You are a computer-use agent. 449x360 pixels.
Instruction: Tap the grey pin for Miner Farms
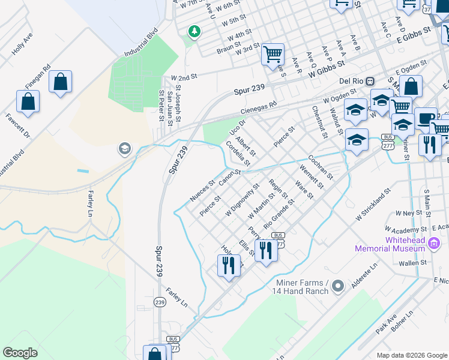[338, 286]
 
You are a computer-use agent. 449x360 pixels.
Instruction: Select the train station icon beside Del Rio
[370, 81]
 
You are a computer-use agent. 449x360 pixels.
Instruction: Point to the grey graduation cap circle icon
[124, 149]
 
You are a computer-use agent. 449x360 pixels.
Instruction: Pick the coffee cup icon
[426, 118]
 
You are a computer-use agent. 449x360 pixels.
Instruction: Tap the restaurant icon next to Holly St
[228, 265]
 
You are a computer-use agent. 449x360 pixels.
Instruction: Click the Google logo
[20, 353]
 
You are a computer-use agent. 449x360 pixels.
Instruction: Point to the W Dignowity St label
[242, 200]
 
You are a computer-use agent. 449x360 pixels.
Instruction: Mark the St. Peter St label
[161, 105]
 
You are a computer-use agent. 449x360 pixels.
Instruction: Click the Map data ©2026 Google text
[411, 355]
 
